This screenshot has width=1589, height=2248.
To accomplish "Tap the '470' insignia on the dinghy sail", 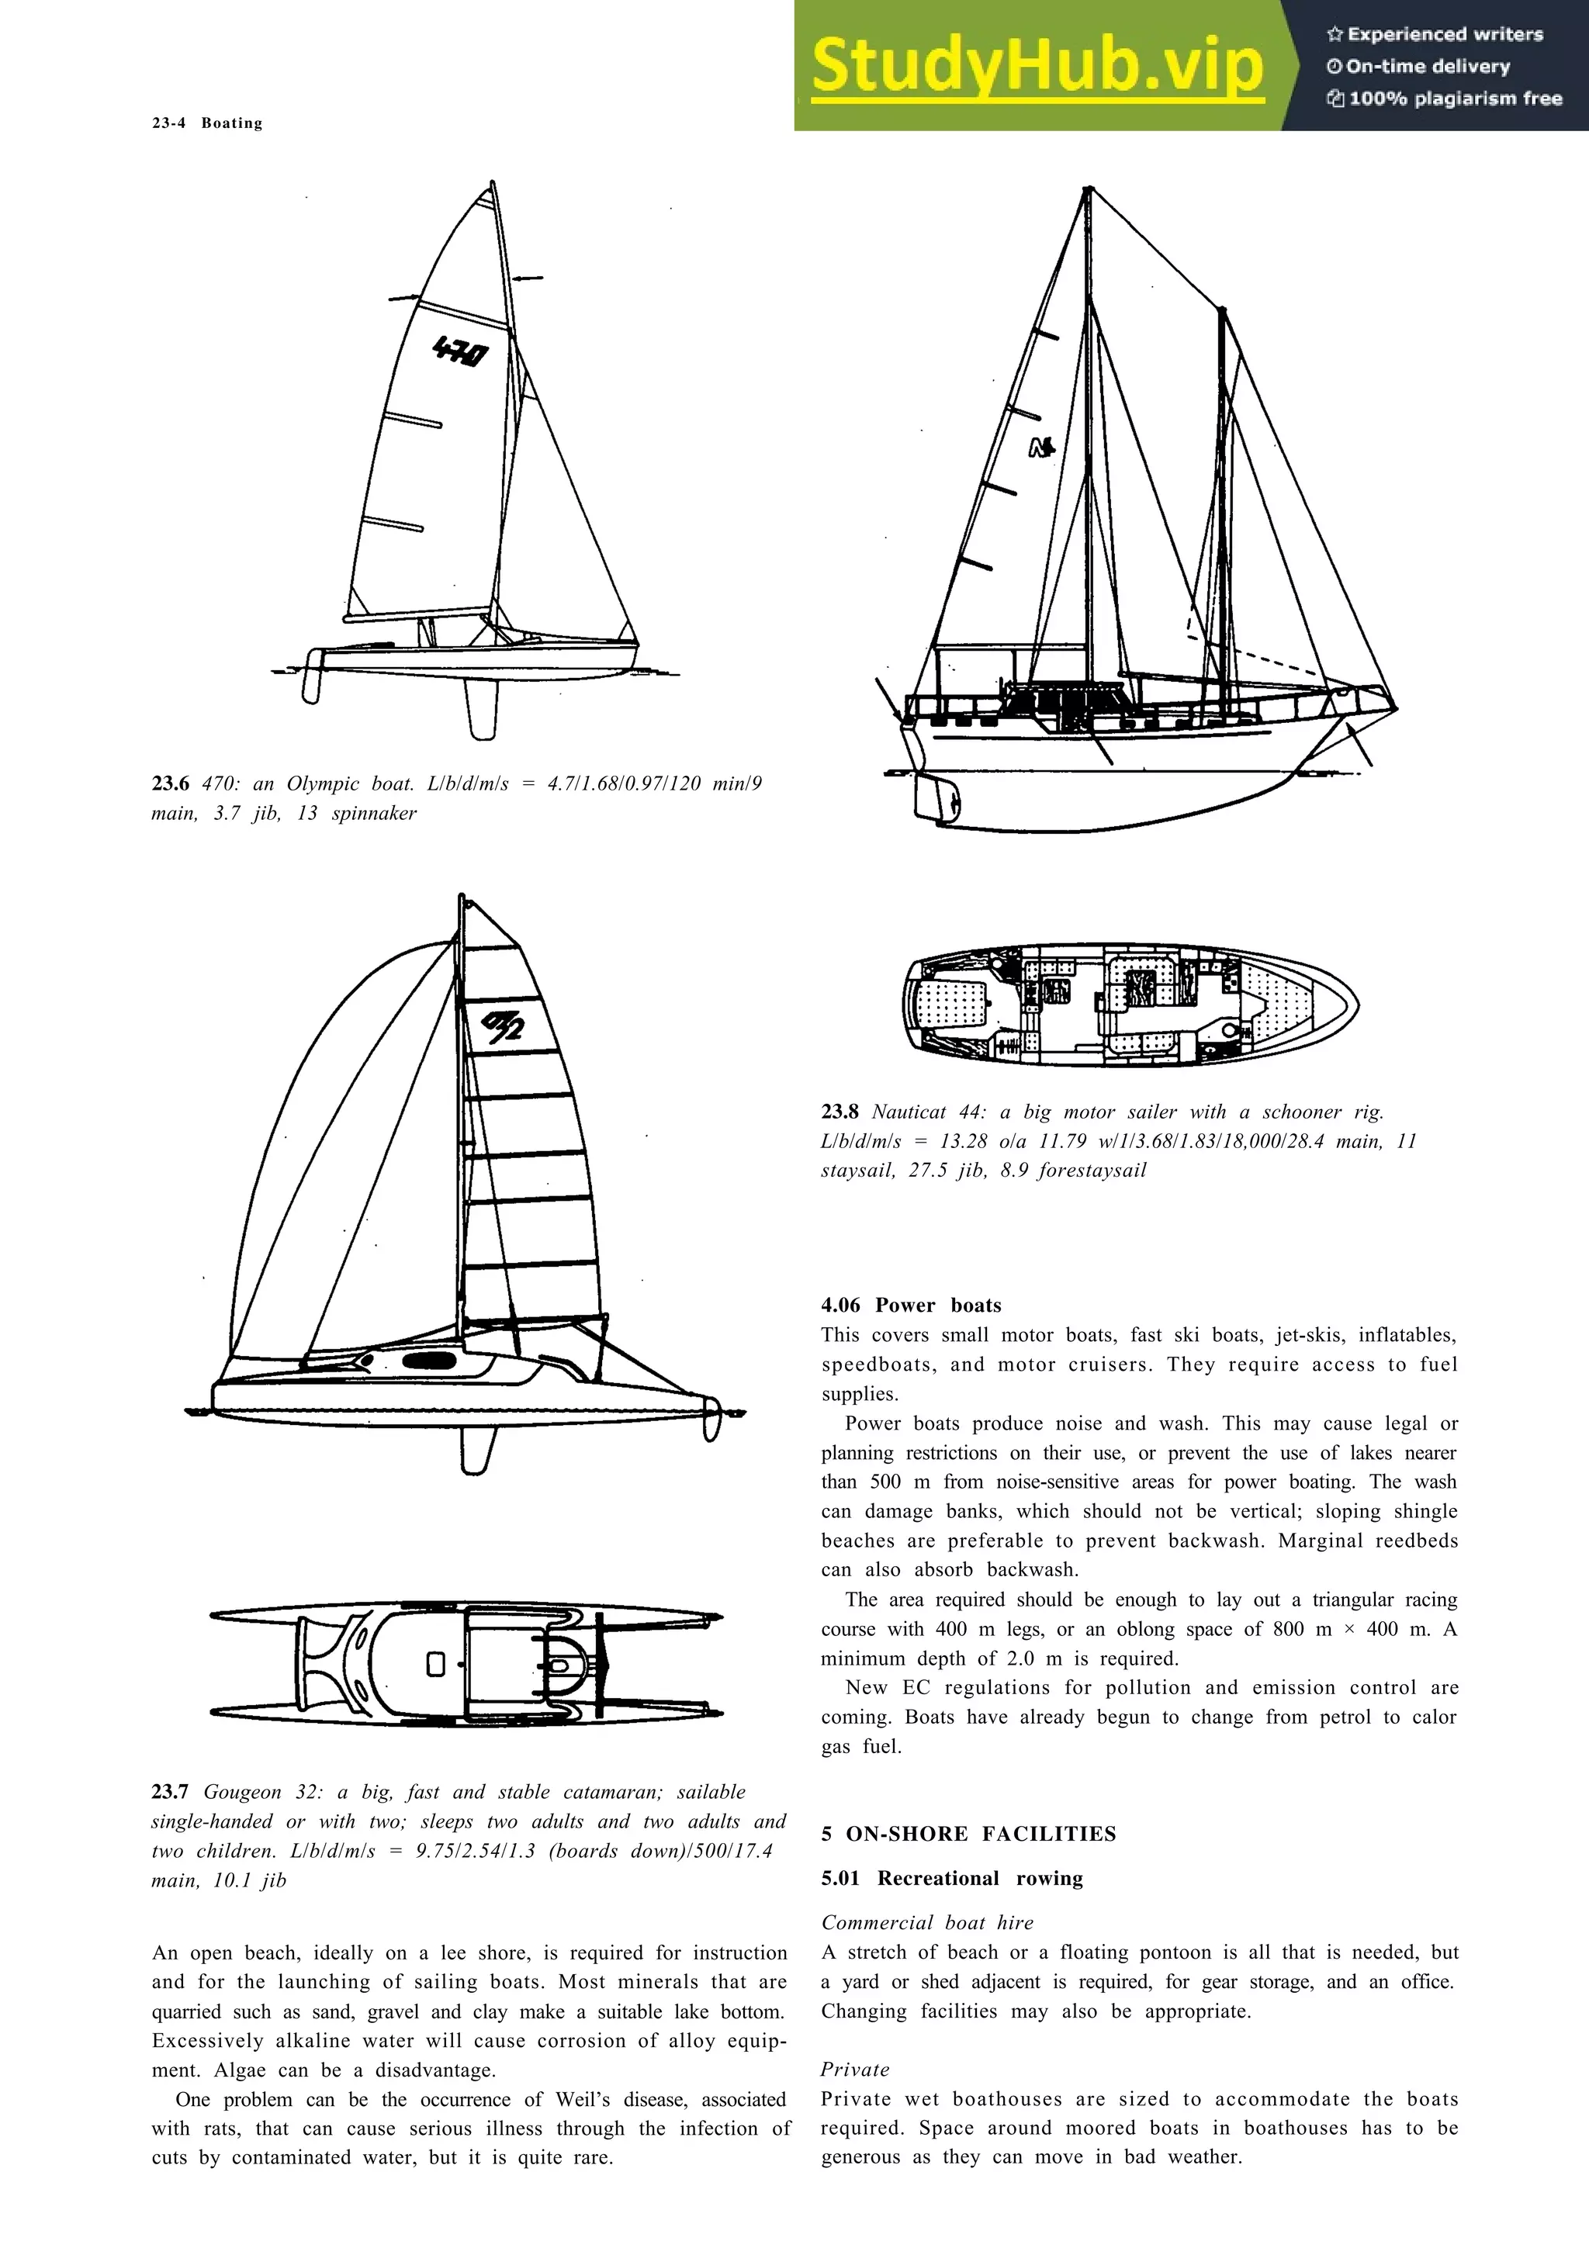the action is (460, 351).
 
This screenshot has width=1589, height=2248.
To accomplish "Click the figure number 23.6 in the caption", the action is (171, 783).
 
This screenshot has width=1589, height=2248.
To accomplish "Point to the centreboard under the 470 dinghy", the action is (482, 709).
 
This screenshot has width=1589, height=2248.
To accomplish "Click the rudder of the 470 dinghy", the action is (313, 676).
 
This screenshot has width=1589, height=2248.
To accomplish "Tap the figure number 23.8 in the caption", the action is (840, 1112).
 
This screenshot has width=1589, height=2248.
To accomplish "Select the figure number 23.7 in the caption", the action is (171, 1792).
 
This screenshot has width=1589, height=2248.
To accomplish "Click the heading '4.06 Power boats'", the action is (912, 1306).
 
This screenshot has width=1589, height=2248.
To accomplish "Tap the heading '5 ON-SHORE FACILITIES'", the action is (968, 1834).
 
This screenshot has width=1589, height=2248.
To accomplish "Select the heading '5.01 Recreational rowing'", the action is (952, 1878).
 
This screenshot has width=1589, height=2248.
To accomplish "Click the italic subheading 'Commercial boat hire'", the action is (927, 1922).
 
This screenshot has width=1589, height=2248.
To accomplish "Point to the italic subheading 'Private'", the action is (855, 2070).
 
